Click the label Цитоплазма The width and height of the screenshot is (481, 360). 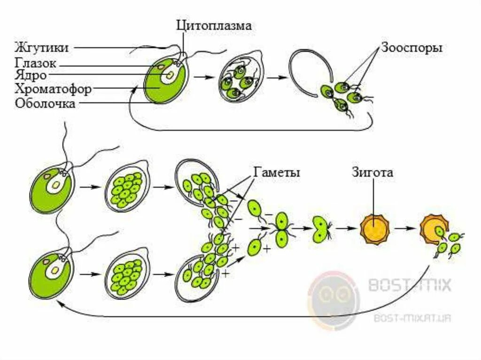214,26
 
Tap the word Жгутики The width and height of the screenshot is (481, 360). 42,47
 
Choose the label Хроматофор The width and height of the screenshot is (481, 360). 53,89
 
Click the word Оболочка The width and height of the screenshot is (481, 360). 45,104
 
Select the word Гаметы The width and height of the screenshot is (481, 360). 277,172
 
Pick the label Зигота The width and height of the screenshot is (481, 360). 372,172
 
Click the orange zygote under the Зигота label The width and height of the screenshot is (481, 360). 375,229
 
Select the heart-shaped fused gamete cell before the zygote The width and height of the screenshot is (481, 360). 321,229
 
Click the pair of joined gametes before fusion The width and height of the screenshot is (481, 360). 282,229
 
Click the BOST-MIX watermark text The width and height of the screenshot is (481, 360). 410,285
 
